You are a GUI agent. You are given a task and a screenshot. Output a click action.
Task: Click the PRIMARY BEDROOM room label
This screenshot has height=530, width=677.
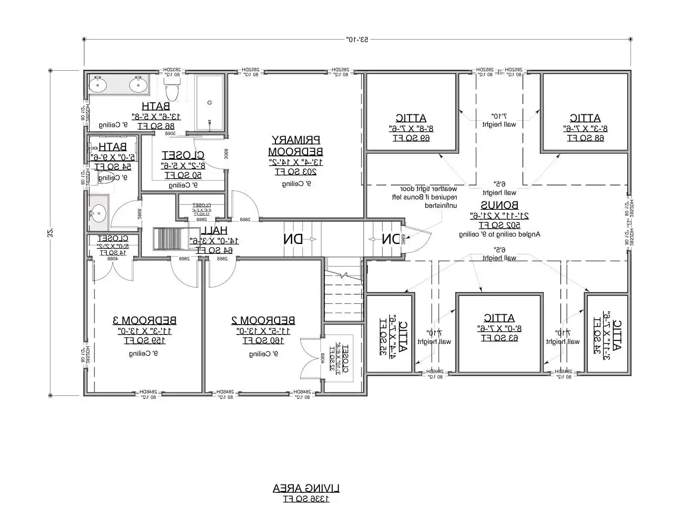pyautogui.click(x=295, y=145)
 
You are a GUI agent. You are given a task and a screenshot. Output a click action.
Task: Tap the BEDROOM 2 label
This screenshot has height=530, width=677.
pyautogui.click(x=263, y=320)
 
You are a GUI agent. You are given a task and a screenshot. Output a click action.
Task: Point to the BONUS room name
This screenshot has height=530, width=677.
pyautogui.click(x=499, y=205)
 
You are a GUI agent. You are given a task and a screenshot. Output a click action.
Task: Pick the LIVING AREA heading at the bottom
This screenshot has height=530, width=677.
pyautogui.click(x=306, y=488)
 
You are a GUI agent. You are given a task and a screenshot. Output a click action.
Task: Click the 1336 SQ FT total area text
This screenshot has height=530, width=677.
pyautogui.click(x=306, y=499)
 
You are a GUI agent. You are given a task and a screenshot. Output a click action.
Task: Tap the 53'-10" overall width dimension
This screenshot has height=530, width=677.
pyautogui.click(x=357, y=39)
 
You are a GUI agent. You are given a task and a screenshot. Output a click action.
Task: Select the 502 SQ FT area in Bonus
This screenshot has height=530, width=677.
pyautogui.click(x=499, y=225)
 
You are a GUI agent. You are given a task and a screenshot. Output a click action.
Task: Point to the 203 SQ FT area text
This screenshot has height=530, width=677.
pyautogui.click(x=295, y=172)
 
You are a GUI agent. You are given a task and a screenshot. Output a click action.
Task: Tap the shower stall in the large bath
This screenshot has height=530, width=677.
pyautogui.click(x=210, y=103)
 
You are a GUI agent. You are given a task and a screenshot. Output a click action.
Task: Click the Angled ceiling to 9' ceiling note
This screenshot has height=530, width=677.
pyautogui.click(x=499, y=235)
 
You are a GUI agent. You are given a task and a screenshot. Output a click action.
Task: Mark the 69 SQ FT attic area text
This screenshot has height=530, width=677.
pyautogui.click(x=411, y=138)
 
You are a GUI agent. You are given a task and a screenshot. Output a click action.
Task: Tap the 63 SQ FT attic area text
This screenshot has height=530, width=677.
pyautogui.click(x=499, y=338)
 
